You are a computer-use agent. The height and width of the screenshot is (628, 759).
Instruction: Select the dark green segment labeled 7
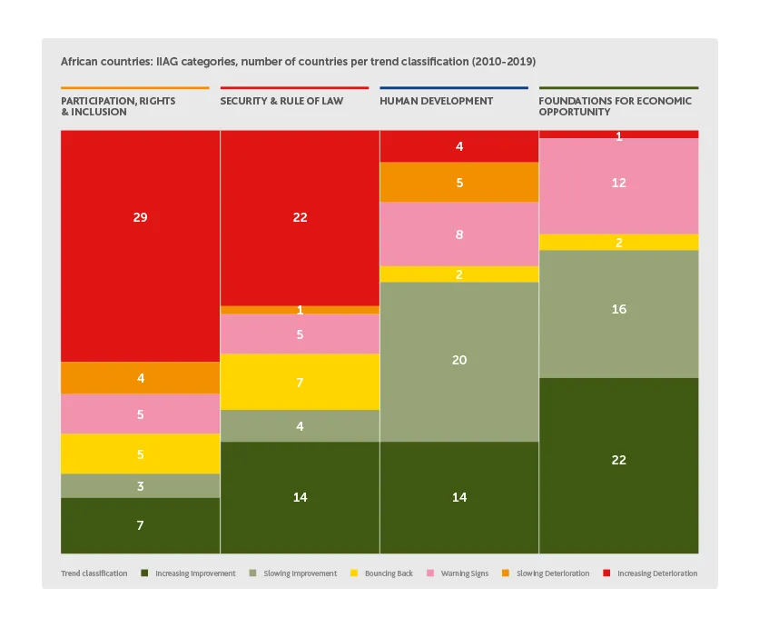pos(140,525)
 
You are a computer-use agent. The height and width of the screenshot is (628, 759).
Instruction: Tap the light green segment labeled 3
pos(140,486)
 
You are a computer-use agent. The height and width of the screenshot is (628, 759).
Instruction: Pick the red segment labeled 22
pos(300,217)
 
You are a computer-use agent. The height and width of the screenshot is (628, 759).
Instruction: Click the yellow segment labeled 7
pos(300,382)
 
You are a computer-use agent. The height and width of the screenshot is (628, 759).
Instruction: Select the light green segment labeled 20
pos(459,361)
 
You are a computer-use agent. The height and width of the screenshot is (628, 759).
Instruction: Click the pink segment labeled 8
pos(459,234)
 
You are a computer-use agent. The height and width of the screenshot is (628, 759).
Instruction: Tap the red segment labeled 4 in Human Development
pos(459,146)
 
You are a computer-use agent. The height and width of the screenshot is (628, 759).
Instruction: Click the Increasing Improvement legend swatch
pos(145,573)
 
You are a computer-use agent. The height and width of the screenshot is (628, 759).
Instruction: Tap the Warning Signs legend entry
pos(463,573)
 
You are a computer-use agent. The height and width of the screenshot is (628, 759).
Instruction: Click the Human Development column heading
pos(437,101)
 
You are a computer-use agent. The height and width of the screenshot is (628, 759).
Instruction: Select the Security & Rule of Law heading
pos(281,101)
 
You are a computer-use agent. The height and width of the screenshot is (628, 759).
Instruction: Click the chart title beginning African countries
pos(298,62)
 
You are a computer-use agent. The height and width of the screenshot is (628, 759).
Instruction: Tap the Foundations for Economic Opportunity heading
pos(615,106)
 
